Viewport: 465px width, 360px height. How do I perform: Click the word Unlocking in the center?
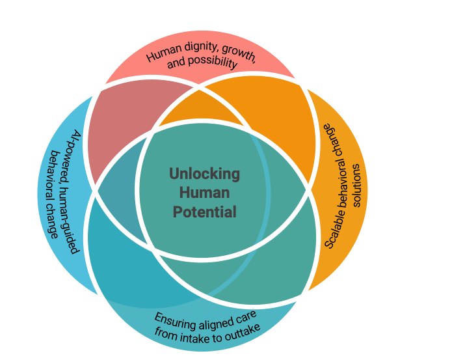pos(204,174)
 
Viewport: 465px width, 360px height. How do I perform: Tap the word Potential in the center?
pos(204,212)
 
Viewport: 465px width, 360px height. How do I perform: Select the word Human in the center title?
pos(204,193)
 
